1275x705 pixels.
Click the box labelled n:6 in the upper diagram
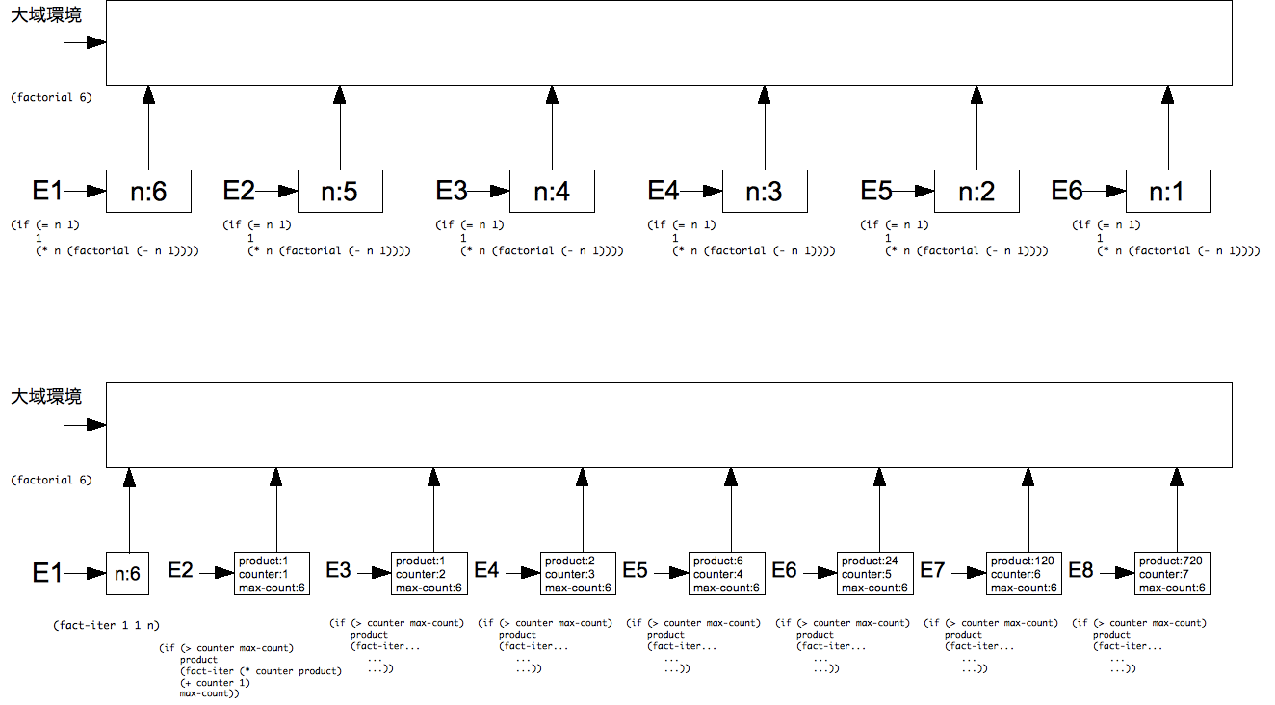(x=148, y=191)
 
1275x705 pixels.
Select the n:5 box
(x=340, y=191)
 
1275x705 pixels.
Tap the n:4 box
(x=552, y=191)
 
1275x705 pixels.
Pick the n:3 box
(x=765, y=191)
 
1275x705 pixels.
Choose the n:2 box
(x=976, y=191)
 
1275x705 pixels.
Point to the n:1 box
(x=1168, y=191)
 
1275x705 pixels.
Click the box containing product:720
(x=1173, y=573)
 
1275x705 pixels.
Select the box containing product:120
(x=1024, y=573)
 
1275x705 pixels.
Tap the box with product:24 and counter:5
(x=874, y=573)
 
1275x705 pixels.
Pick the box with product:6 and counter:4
(x=726, y=573)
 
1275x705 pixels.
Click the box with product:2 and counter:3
(x=578, y=573)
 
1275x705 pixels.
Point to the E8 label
(x=1080, y=570)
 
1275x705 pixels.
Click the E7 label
(x=932, y=570)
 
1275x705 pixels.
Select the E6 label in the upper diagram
(x=1067, y=191)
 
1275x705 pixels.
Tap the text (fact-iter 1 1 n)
(x=107, y=625)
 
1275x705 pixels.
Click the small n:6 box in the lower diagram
(x=127, y=573)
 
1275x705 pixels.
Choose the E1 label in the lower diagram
(x=46, y=573)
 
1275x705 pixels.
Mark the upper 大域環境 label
(x=46, y=14)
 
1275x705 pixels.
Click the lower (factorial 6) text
(x=51, y=480)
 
